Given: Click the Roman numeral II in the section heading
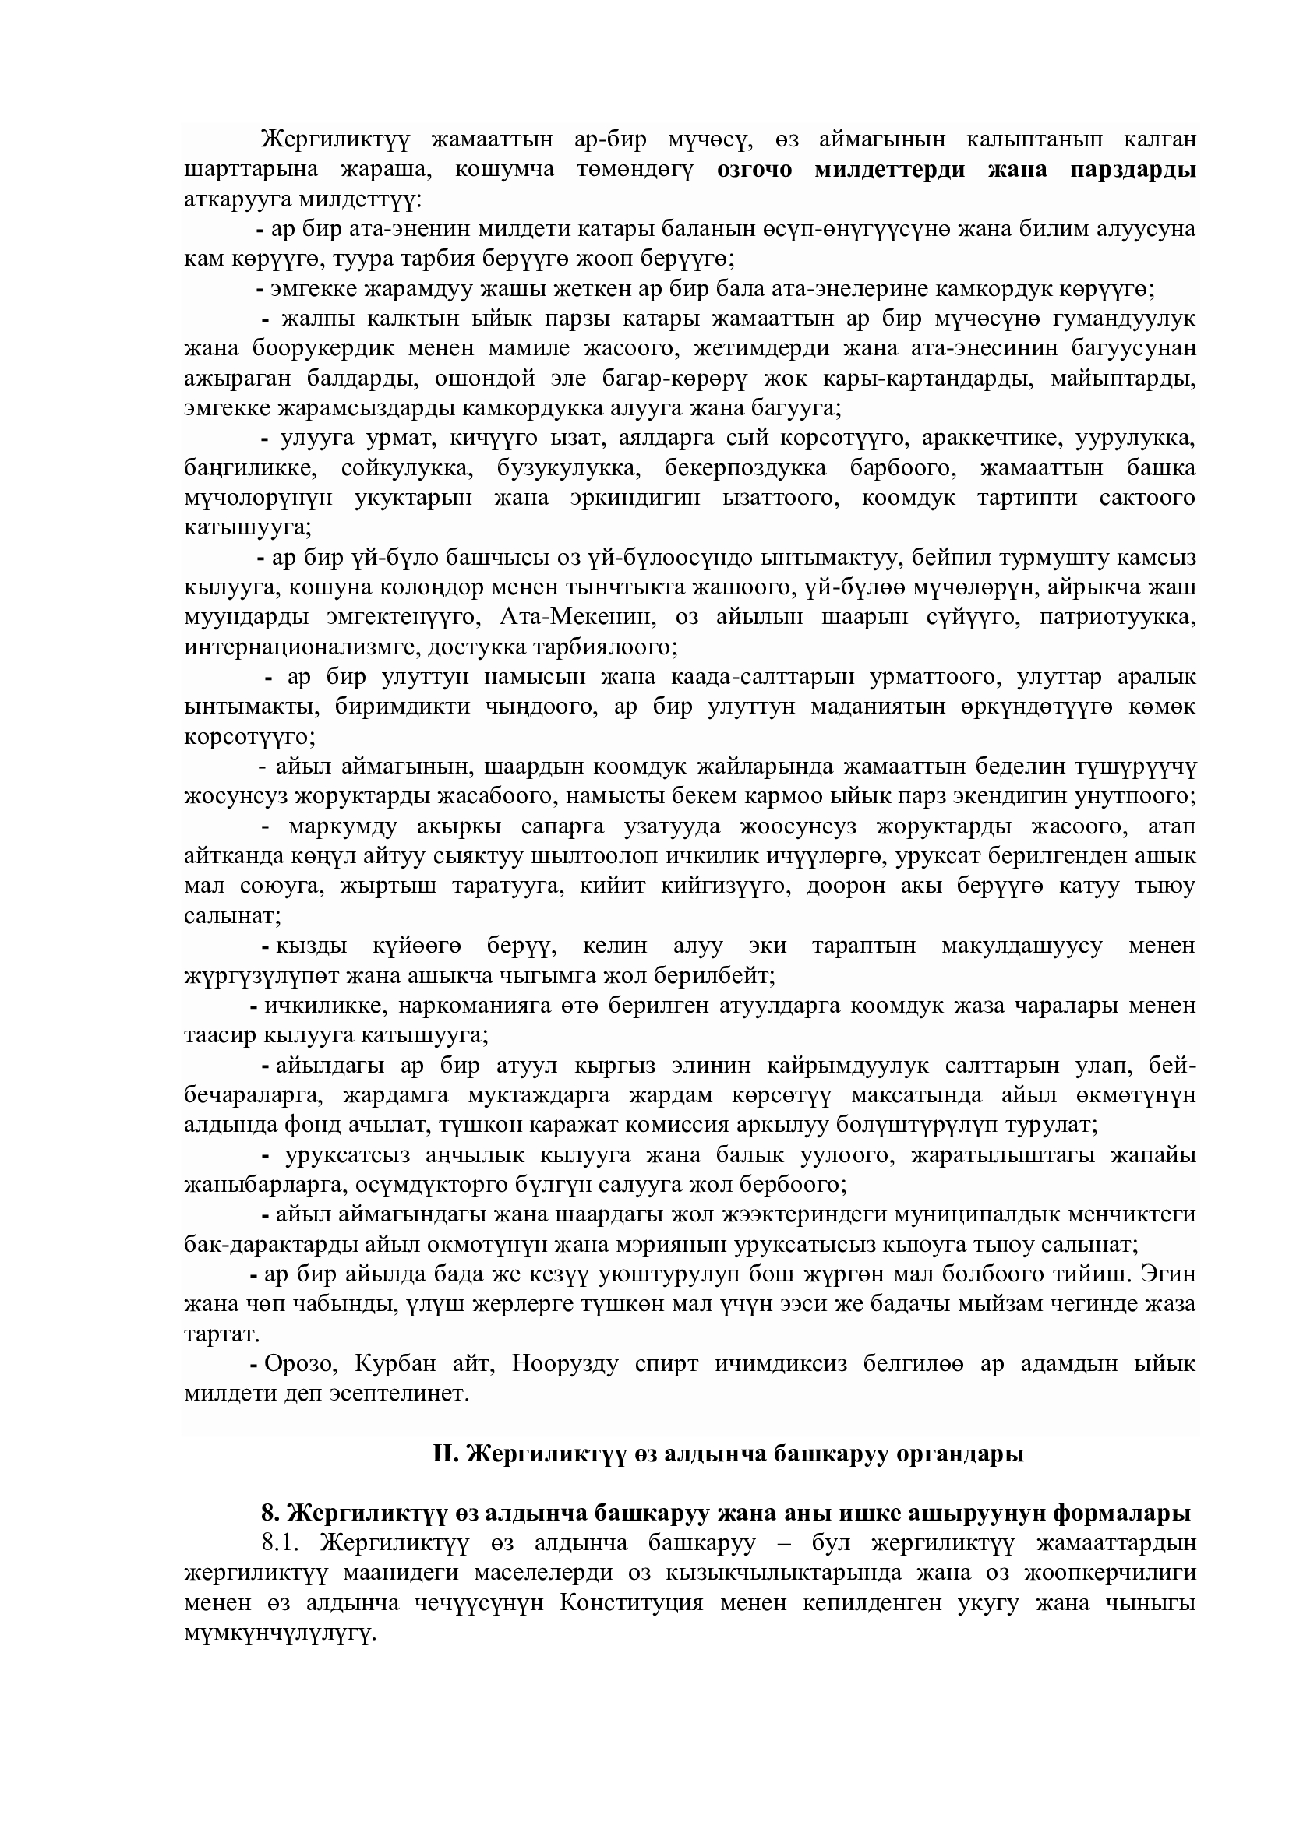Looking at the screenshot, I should [442, 1454].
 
